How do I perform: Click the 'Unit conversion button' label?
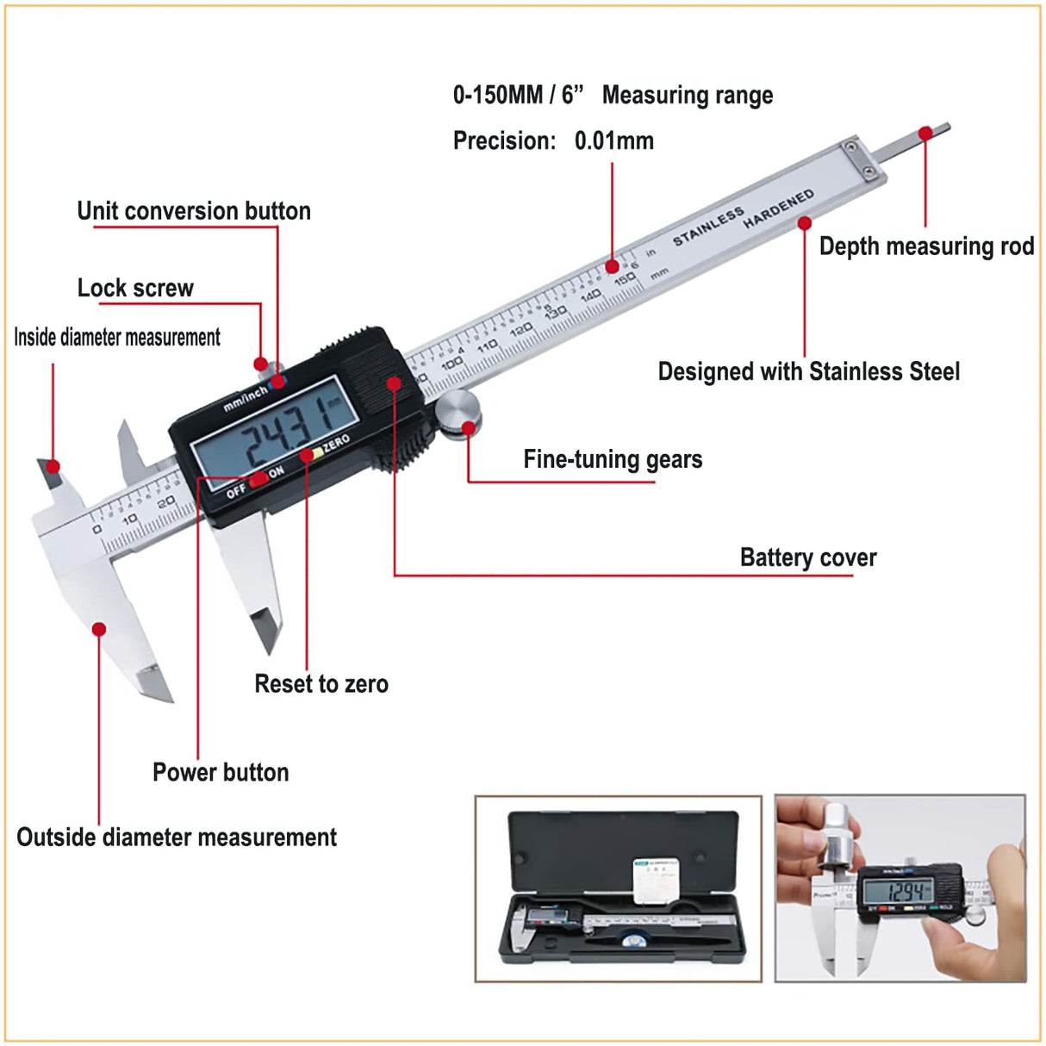coord(194,211)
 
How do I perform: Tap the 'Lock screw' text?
coord(135,288)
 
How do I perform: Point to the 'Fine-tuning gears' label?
coord(613,459)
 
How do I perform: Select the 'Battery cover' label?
coord(807,557)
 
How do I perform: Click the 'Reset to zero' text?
coord(321,684)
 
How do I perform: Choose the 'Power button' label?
coord(221,772)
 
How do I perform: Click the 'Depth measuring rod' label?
coord(925,246)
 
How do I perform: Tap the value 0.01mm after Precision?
coord(613,140)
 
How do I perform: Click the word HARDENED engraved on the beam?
coord(778,209)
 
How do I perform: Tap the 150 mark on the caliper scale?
coord(625,279)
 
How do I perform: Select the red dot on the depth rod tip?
coord(925,134)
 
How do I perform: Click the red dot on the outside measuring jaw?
coord(99,629)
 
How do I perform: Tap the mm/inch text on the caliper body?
coord(245,400)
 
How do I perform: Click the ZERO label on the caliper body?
coord(336,444)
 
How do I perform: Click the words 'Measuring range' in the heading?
coord(687,95)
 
